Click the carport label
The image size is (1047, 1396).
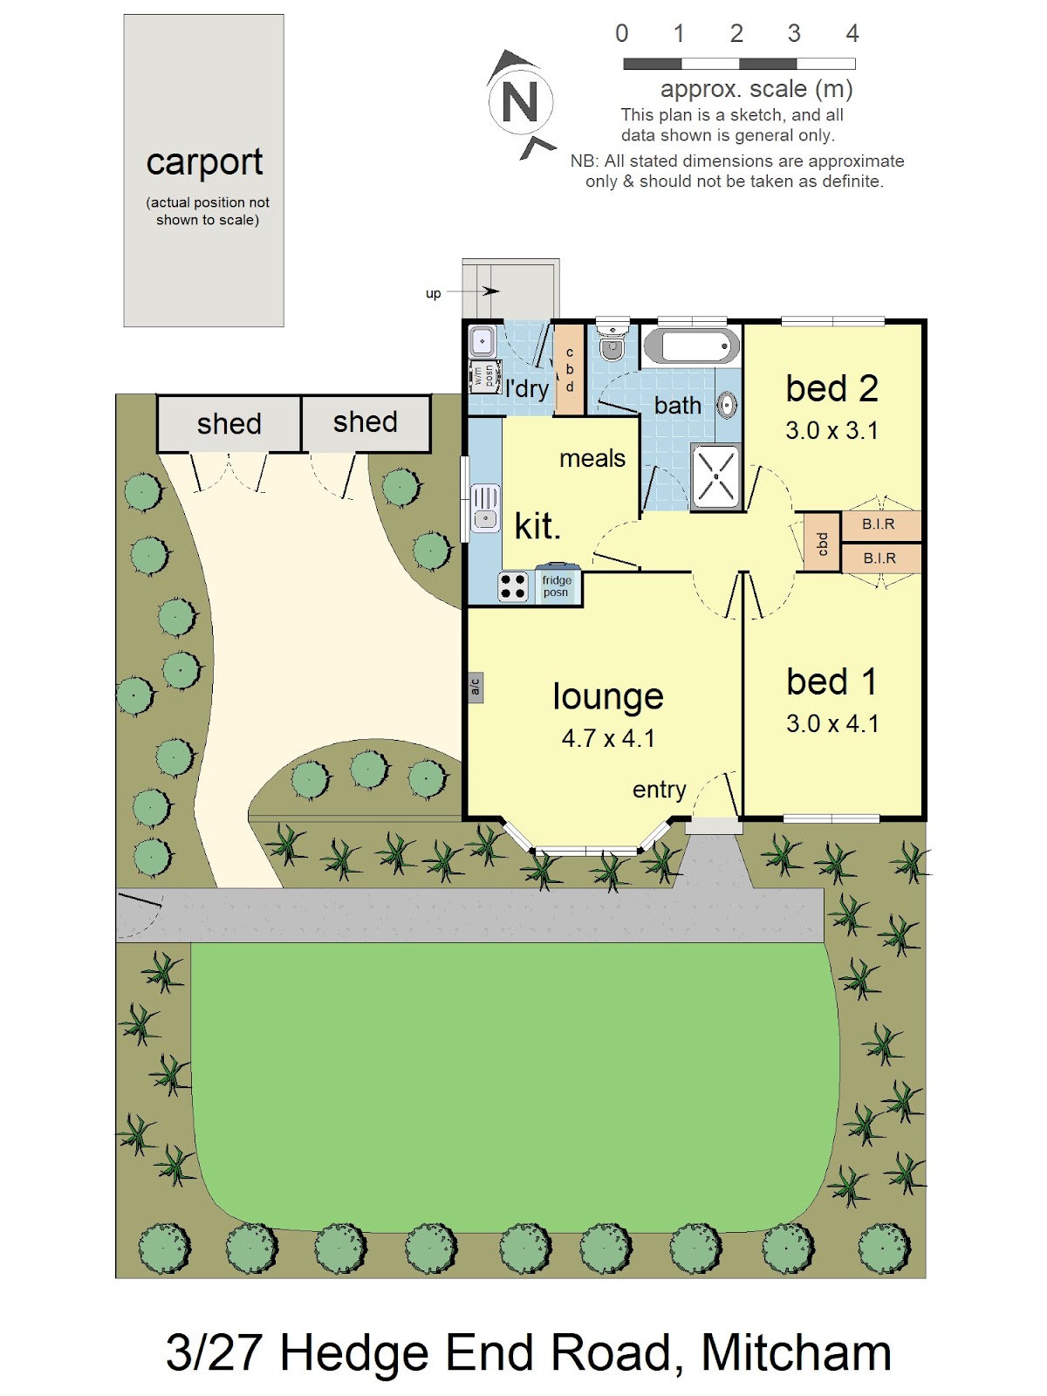(x=204, y=162)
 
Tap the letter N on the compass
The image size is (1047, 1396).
(x=519, y=102)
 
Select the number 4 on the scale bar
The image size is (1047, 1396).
(x=852, y=33)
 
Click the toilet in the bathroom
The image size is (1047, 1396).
(x=612, y=343)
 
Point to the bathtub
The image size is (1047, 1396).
(x=692, y=347)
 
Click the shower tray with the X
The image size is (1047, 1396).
(x=715, y=476)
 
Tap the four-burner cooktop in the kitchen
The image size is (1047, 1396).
(x=512, y=586)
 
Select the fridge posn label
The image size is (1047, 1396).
(x=557, y=585)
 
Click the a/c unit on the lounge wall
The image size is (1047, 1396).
(x=476, y=688)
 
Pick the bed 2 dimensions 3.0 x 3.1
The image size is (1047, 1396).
(x=831, y=430)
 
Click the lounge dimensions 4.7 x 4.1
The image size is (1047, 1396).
(x=608, y=738)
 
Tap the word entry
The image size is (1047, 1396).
(x=660, y=790)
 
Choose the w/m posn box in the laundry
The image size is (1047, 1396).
(x=484, y=376)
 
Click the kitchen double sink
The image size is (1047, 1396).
(x=484, y=508)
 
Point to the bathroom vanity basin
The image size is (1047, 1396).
(x=728, y=405)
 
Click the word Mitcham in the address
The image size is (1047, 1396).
(x=796, y=1352)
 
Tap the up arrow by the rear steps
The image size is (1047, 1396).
(x=473, y=291)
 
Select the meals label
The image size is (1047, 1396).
(x=592, y=459)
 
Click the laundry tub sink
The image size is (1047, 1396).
(x=482, y=341)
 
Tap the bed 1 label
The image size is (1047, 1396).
(x=831, y=682)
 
